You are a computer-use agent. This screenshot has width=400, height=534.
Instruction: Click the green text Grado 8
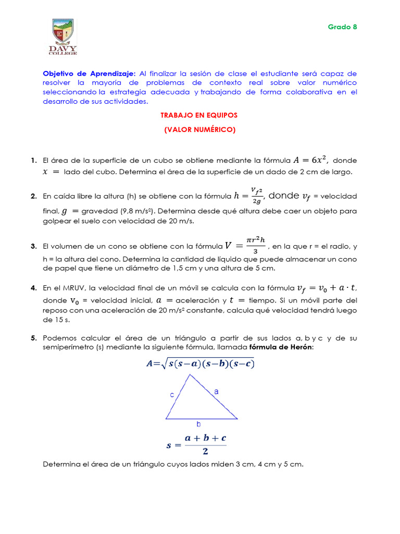coord(342,27)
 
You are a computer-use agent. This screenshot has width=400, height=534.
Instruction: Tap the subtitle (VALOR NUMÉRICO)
coord(199,130)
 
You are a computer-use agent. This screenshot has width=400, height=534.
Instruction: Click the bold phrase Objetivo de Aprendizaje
coord(89,74)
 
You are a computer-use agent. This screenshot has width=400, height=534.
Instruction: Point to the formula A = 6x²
coord(310,160)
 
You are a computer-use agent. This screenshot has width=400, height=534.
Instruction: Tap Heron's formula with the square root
coord(200,364)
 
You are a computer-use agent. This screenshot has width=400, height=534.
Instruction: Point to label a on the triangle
coord(216,390)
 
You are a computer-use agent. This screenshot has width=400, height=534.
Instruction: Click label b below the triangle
coord(198,424)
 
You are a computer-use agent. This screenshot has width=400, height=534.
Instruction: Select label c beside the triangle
coord(172,395)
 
